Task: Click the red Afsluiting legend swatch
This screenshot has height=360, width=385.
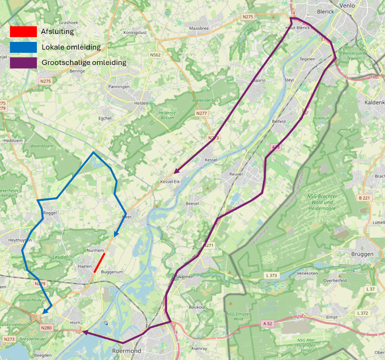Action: coord(23,31)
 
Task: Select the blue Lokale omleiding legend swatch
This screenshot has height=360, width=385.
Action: coord(23,47)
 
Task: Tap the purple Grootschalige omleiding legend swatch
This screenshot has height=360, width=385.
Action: coord(23,63)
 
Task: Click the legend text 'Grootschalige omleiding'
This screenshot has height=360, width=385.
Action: coord(84,63)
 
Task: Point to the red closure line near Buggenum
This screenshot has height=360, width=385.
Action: coord(99,263)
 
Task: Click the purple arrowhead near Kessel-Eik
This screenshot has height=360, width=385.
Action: coord(177,171)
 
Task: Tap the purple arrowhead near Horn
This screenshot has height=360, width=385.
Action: coord(85,332)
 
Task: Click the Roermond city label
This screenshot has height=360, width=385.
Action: coord(126,350)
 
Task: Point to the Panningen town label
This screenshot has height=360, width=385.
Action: coord(118,87)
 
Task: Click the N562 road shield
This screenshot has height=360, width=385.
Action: coord(156,54)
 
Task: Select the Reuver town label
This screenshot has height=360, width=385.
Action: coord(237,174)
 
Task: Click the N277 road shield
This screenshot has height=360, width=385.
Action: coord(202,114)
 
